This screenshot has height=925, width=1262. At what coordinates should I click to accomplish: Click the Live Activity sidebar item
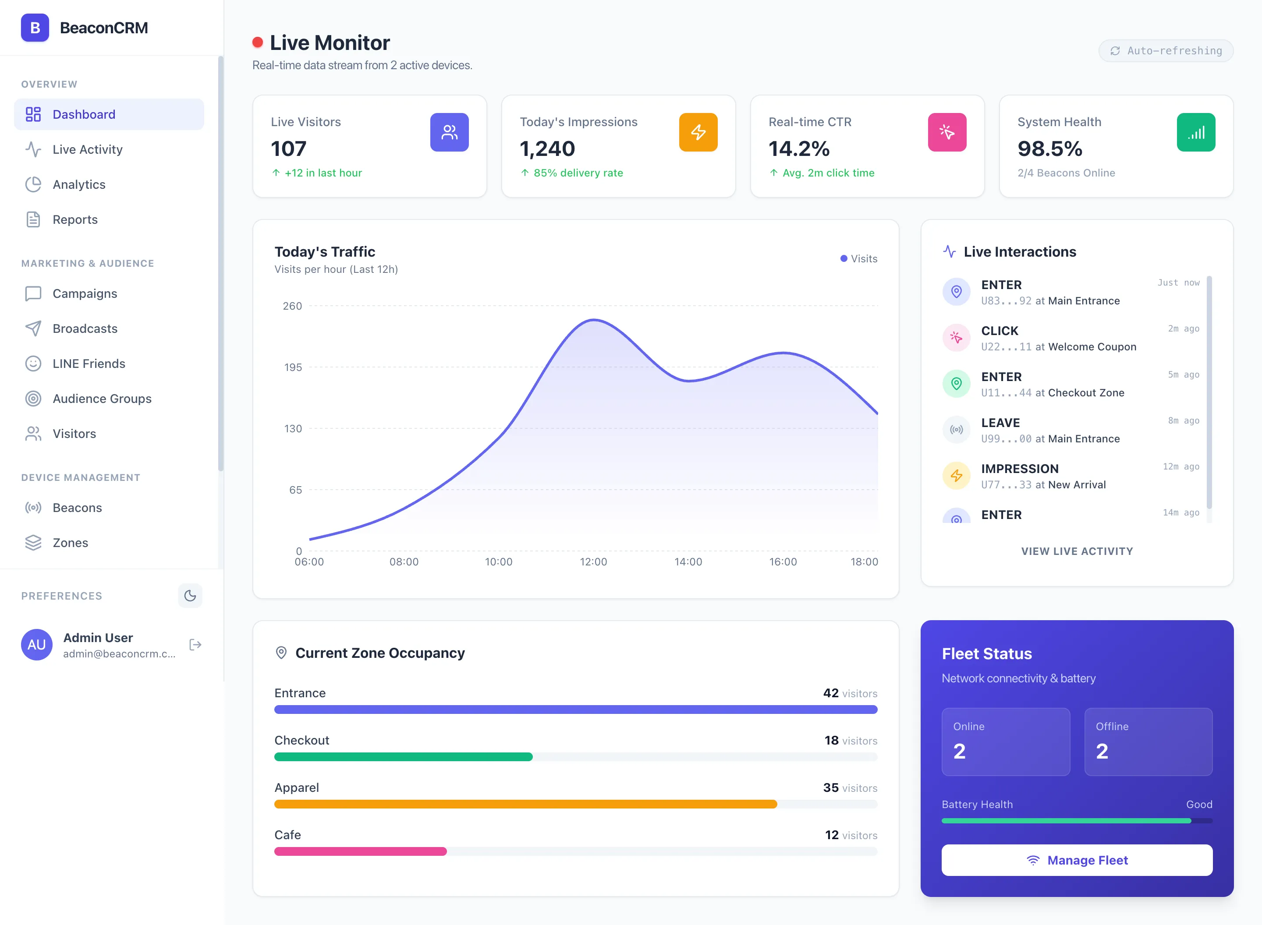(87, 149)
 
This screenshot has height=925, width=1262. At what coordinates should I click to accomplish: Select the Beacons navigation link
(77, 508)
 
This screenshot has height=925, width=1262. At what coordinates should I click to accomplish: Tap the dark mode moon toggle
(190, 596)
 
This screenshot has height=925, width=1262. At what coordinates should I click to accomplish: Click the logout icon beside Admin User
(195, 645)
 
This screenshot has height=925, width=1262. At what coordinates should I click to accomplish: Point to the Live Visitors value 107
(288, 149)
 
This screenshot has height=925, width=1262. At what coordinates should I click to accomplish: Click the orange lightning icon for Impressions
(698, 132)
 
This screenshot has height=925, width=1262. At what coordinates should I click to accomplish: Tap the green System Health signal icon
(1195, 132)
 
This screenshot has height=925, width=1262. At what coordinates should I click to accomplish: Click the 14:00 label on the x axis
(688, 561)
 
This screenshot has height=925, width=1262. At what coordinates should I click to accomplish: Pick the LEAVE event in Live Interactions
(1050, 430)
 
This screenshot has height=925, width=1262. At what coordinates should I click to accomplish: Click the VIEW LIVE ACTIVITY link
(1076, 551)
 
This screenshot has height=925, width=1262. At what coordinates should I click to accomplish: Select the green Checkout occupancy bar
(403, 757)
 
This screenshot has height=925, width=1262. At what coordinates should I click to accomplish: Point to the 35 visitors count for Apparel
(849, 788)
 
